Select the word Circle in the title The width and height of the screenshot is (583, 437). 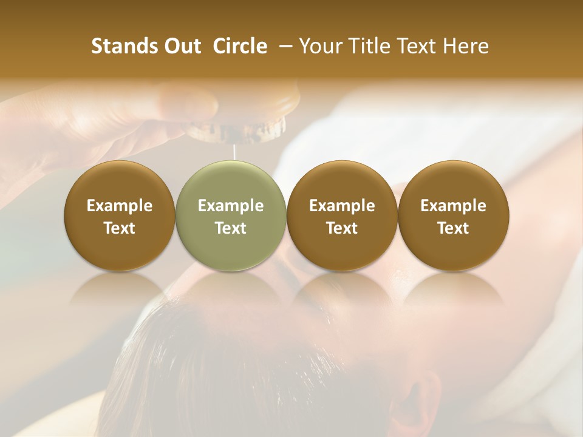pos(240,46)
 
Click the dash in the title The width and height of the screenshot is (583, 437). pos(283,46)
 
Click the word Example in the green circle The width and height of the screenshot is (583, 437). pos(231,206)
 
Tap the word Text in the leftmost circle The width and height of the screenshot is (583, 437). pos(120,228)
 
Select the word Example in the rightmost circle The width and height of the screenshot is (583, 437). pos(453,206)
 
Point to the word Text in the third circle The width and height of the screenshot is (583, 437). pos(342,228)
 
